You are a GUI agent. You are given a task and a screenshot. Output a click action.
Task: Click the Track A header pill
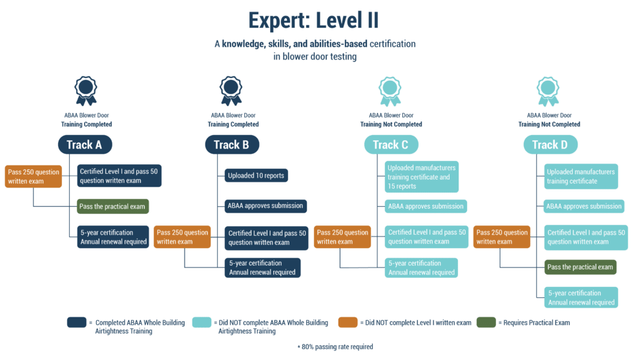(x=84, y=145)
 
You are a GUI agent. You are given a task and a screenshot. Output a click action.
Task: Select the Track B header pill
(x=231, y=145)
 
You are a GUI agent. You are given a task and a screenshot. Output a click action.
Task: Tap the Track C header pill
(x=390, y=145)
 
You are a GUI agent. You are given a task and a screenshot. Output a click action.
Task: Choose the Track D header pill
(x=550, y=145)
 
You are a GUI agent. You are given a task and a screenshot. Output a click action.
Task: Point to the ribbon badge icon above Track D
(x=548, y=90)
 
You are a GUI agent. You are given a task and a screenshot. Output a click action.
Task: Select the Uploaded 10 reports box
(x=255, y=175)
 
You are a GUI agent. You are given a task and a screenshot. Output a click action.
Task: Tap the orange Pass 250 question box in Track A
(x=34, y=176)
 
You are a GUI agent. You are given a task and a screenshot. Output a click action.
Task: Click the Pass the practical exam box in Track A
(x=113, y=207)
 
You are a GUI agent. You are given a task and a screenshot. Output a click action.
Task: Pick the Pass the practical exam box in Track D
(x=580, y=267)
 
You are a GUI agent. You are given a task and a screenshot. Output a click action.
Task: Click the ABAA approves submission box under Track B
(x=265, y=206)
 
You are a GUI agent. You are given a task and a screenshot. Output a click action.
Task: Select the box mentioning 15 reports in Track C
(x=421, y=176)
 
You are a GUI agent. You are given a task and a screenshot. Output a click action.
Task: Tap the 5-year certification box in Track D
(x=581, y=297)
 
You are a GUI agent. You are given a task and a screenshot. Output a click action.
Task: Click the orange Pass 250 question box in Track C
(x=342, y=237)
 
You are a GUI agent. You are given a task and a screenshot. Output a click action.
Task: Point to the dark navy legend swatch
(x=76, y=323)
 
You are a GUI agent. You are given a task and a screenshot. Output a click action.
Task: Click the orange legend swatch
(x=348, y=323)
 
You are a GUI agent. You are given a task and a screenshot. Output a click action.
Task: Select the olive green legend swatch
(x=485, y=323)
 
